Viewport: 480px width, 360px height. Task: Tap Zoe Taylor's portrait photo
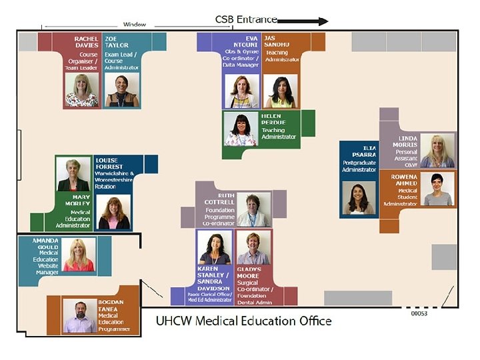(121, 90)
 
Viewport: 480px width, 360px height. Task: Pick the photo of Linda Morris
(437, 151)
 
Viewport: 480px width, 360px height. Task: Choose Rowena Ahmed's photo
(437, 189)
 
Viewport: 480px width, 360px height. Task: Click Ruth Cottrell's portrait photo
(254, 210)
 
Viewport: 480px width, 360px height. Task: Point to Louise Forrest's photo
(114, 213)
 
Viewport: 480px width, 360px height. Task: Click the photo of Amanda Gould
(78, 255)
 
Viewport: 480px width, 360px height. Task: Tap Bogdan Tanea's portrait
(80, 315)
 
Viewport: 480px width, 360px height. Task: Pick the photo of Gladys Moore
(254, 248)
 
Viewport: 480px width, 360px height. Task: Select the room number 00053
(419, 313)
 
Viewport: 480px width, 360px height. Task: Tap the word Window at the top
(135, 25)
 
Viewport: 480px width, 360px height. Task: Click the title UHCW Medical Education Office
(243, 321)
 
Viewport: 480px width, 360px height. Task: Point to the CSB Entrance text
(245, 20)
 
